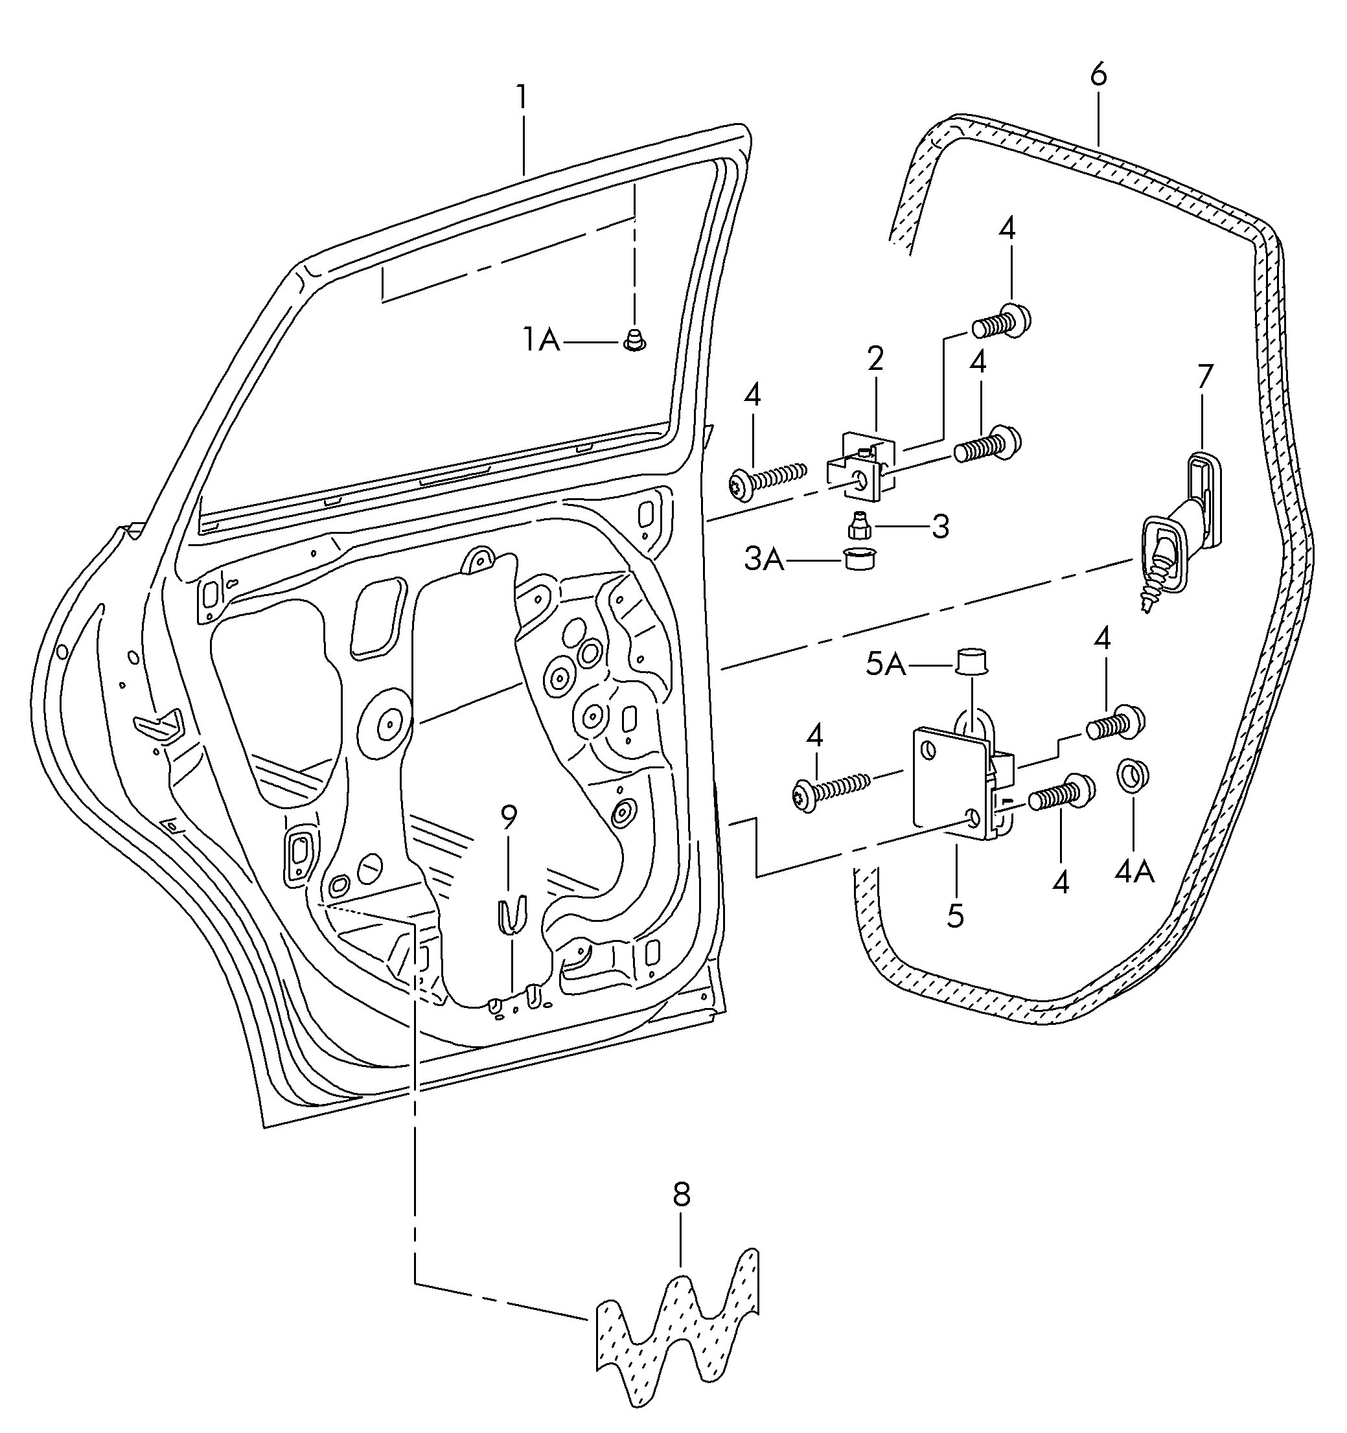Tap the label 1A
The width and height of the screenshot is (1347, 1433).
click(x=542, y=339)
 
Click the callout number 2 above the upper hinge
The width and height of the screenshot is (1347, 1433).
click(x=875, y=358)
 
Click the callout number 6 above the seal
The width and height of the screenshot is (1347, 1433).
click(x=1098, y=75)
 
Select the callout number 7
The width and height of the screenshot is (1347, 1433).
click(x=1204, y=376)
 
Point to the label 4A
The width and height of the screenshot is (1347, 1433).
click(x=1134, y=871)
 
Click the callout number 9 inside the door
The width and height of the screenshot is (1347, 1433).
click(x=509, y=817)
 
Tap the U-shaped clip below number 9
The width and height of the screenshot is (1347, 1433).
click(x=512, y=913)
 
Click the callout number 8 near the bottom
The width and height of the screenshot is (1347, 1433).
click(x=682, y=1195)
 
